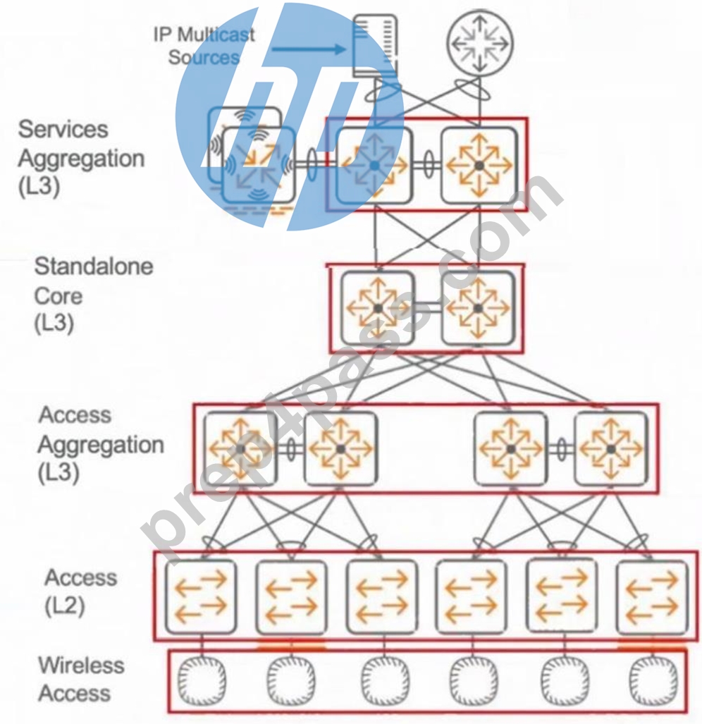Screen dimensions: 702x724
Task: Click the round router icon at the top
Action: (x=480, y=44)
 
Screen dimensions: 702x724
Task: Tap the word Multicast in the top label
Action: (x=216, y=35)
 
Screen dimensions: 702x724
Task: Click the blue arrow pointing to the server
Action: (x=308, y=49)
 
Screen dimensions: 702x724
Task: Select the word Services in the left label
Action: (x=63, y=129)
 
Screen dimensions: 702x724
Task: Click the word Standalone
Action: (x=94, y=266)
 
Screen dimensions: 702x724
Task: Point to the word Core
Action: (x=58, y=295)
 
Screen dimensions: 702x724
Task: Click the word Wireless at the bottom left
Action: (x=81, y=665)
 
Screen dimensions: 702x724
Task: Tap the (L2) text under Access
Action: (x=65, y=606)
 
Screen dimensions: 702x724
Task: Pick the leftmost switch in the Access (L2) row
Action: (x=201, y=596)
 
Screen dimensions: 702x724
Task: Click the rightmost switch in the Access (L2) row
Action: (x=652, y=596)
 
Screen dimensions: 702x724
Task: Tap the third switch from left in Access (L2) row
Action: (x=381, y=596)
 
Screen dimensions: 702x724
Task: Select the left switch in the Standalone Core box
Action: (x=378, y=308)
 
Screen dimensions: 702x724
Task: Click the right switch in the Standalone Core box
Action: (x=478, y=308)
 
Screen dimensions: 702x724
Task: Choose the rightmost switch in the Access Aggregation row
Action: (x=611, y=448)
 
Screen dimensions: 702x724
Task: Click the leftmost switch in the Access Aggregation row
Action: (x=240, y=448)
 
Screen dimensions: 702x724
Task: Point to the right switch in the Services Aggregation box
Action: (x=479, y=165)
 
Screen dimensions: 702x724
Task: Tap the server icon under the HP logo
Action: (x=375, y=46)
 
